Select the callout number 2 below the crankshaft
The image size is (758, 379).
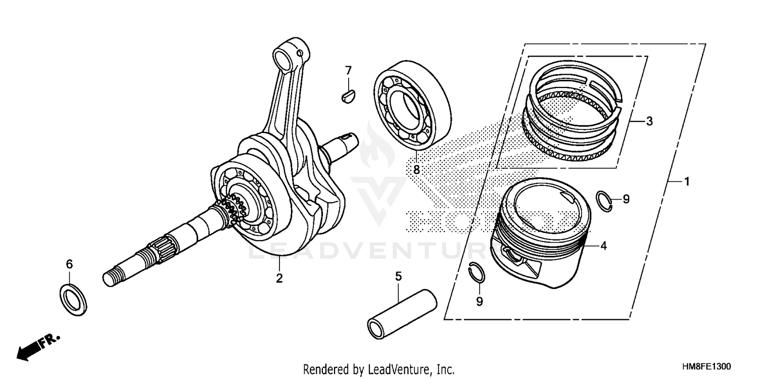279,278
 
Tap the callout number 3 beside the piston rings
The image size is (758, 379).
649,121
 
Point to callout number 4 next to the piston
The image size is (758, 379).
603,246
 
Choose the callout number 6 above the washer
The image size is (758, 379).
70,264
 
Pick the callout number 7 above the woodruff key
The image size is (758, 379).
348,71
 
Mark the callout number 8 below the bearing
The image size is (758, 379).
416,170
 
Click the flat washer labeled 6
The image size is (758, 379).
73,299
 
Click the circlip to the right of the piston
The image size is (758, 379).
604,200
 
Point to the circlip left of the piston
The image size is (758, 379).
476,273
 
